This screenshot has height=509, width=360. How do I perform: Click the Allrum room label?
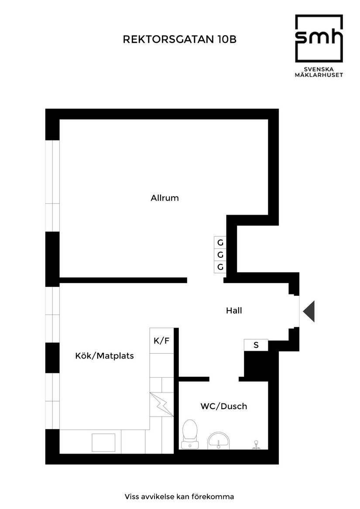point(165,198)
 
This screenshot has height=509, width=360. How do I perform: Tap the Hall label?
point(234,311)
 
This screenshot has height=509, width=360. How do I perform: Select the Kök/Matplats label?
point(105,356)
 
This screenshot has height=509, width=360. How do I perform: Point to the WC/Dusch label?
point(223,407)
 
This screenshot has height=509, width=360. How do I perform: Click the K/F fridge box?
point(161,341)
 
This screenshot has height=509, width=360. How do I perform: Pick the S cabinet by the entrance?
point(256,345)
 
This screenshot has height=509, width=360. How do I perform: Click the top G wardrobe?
point(220,243)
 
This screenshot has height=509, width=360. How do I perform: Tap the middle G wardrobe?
point(220,255)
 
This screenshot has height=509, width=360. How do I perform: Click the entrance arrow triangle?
point(309,311)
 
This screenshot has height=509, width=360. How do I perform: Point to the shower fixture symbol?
point(256,444)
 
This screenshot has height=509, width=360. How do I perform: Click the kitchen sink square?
point(103,442)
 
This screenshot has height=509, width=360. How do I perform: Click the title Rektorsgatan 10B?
point(180,40)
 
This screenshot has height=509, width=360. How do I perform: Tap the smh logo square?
point(319,38)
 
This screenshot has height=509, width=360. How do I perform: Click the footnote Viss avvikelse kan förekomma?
point(179,496)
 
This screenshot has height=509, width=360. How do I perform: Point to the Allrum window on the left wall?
point(52,186)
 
